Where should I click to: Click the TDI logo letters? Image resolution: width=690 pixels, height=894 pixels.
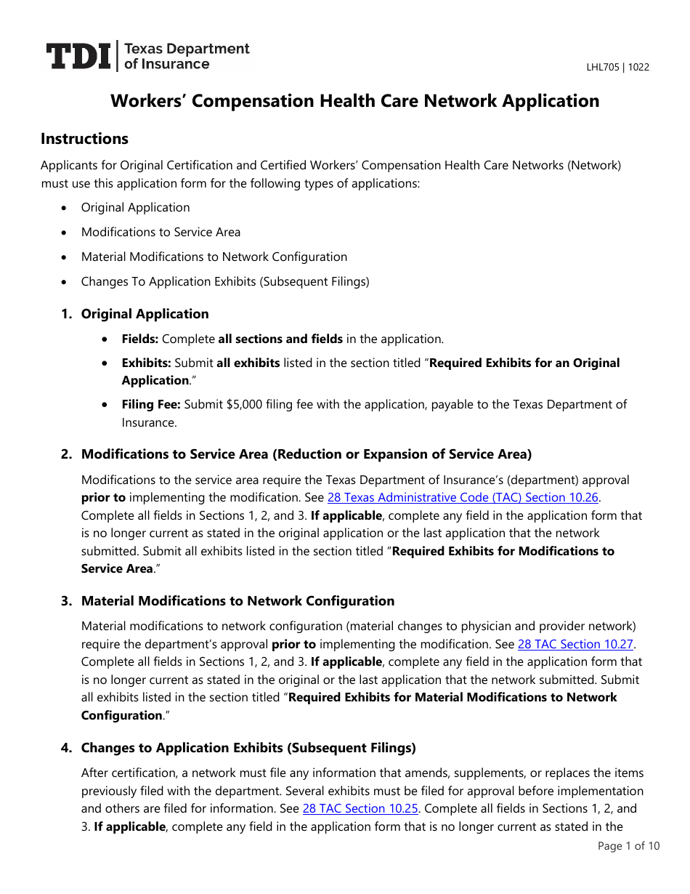point(78,57)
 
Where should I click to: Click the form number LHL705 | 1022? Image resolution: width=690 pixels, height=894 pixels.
point(617,68)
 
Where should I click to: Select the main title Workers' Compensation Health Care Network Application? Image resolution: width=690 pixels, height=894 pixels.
point(354,101)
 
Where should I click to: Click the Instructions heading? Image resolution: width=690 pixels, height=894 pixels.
point(84,139)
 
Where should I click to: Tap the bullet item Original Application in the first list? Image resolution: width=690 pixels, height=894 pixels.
point(135,208)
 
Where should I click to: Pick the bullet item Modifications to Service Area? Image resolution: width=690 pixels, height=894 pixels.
point(161,233)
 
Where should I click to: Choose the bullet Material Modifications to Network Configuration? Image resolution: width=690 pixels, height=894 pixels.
point(214,257)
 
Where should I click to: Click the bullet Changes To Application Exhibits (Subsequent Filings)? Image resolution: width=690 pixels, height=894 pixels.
point(225,282)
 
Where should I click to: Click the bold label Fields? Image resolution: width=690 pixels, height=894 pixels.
point(139,339)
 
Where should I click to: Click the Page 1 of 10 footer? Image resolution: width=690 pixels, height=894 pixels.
point(628,846)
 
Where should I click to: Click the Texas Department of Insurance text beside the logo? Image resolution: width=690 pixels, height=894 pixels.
point(187,57)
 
